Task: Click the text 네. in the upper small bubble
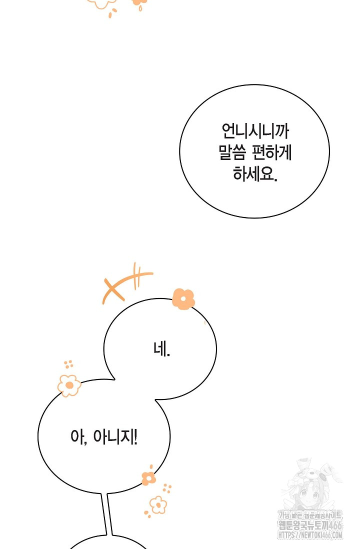point(161,349)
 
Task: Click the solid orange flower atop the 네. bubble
point(183,299)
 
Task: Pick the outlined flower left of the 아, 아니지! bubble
point(69,385)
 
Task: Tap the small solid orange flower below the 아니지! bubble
point(148,477)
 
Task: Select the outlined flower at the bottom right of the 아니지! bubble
point(158,504)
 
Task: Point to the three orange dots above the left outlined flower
point(68,364)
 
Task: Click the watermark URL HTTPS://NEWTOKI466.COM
point(310,535)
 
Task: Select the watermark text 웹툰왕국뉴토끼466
point(310,525)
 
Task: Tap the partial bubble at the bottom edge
point(107,543)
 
